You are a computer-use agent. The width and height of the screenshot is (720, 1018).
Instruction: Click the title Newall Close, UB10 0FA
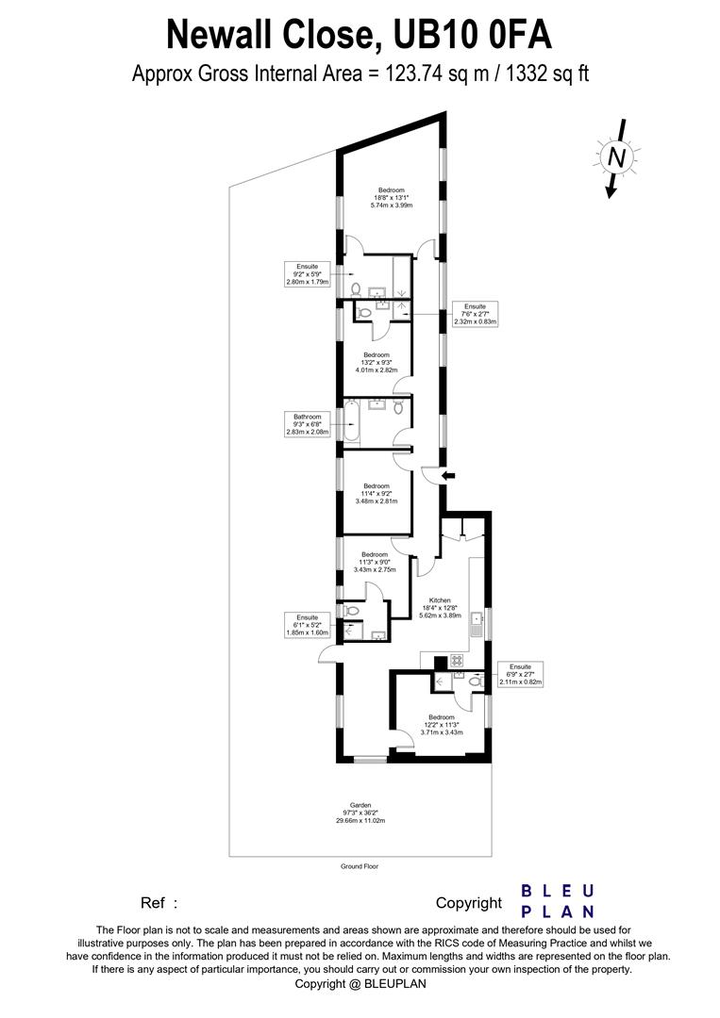360,35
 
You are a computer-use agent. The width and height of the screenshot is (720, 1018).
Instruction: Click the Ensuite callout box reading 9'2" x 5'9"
307,273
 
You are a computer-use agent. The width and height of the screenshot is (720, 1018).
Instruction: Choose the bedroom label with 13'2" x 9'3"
377,362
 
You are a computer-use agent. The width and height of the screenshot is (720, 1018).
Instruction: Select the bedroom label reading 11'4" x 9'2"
377,493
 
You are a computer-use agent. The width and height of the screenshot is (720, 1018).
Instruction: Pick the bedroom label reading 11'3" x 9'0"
376,563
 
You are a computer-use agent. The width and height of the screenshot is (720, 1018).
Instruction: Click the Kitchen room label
440,608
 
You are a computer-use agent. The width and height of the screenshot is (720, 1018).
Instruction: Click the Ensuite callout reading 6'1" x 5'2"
307,625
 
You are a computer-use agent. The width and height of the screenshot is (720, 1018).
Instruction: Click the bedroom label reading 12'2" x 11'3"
442,724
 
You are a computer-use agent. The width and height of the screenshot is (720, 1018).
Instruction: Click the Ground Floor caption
360,866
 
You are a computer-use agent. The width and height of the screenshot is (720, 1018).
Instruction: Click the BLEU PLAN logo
558,901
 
